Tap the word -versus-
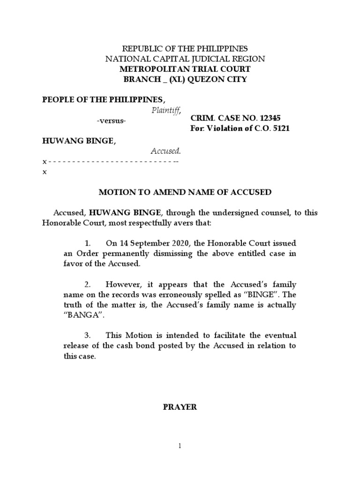pos(111,120)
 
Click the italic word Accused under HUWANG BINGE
pos(165,151)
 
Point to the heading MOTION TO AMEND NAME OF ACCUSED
pos(185,192)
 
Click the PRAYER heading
pos(180,407)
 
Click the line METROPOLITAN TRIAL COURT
pos(185,69)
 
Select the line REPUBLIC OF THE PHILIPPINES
pos(185,49)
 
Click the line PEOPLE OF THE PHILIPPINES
pos(104,99)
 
